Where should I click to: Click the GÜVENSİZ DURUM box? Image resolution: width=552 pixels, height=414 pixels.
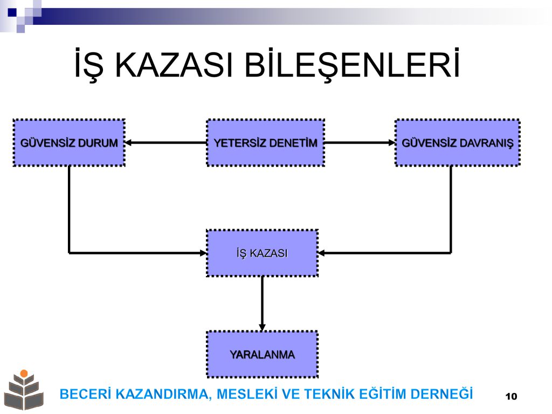coord(69,142)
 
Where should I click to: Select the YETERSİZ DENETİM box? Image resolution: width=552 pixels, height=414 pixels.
coord(265,142)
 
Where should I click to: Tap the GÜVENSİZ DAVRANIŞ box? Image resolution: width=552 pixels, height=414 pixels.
coord(458,142)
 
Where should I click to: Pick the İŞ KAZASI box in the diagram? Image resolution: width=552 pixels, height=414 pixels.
coord(263,253)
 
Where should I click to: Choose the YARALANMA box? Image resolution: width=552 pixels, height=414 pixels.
coord(263,354)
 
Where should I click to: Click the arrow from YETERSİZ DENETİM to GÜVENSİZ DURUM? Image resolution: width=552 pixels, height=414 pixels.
coord(166,142)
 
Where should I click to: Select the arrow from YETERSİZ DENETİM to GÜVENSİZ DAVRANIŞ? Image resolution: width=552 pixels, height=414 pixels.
coord(360,142)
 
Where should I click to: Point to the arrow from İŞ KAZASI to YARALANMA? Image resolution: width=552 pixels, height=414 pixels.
coord(263,304)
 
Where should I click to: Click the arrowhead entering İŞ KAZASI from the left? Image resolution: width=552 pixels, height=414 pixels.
coord(203,253)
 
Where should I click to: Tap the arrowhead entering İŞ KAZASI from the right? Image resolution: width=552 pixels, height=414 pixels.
coord(321,253)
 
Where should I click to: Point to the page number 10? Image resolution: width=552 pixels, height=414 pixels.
coord(511,396)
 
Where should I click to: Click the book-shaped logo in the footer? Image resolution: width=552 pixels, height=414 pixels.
coord(24,390)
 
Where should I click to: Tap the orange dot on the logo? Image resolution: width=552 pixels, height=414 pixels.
coord(24,373)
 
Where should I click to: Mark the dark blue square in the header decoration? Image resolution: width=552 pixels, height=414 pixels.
coord(12,13)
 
